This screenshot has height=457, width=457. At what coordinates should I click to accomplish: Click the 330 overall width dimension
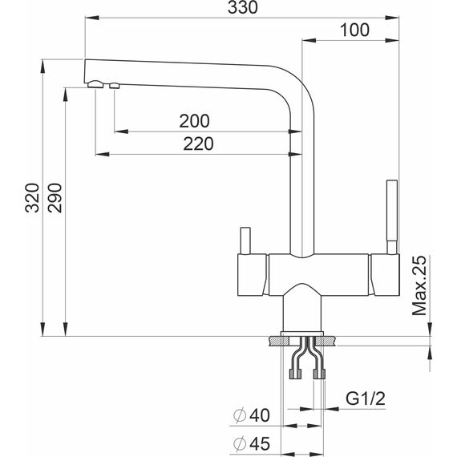coord(243,7)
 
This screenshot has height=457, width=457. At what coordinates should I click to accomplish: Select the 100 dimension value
coord(354,30)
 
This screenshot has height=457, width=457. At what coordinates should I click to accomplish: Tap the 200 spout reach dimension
coord(194,121)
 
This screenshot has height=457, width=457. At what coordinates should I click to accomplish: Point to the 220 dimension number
coord(198,144)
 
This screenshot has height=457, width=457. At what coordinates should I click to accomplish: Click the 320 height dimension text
coord(32,198)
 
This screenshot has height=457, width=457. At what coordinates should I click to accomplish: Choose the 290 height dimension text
coord(55,198)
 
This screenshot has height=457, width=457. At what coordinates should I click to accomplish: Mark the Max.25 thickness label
coord(419,286)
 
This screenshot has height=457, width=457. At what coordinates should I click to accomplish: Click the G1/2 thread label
coord(366,398)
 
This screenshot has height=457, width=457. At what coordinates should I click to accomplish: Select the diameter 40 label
coord(252,415)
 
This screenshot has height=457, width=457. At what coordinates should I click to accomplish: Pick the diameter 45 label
coord(252,443)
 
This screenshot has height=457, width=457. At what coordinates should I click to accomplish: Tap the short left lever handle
coord(245,241)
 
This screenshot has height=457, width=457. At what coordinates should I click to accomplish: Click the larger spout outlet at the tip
coord(95,84)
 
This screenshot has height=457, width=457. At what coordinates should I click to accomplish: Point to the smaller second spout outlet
coord(114,86)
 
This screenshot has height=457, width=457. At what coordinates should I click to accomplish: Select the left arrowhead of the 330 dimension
coord(92,18)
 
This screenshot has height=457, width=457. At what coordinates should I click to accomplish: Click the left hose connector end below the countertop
coord(295,374)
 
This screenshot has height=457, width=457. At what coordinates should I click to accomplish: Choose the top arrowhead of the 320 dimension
coord(42,67)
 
